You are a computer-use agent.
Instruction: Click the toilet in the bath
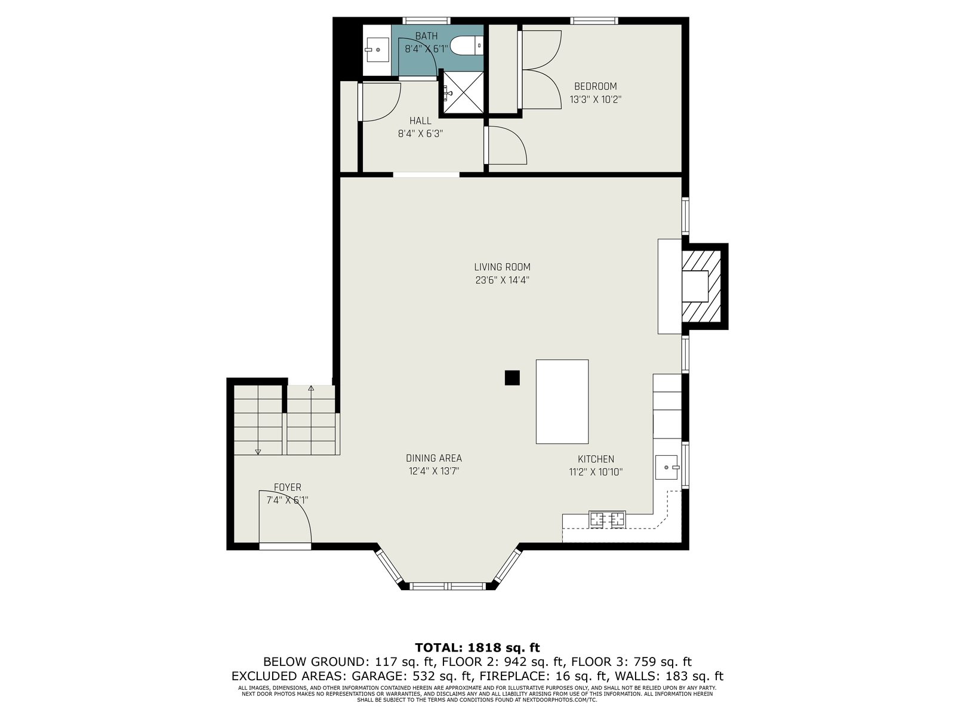tap(466, 45)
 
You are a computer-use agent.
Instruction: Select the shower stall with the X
tap(463, 92)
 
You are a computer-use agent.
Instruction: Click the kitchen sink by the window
tap(667, 467)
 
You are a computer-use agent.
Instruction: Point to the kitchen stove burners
tap(607, 519)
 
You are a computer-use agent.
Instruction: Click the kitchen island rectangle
tap(562, 401)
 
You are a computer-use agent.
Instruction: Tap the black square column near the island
tap(512, 377)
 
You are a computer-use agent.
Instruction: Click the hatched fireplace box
tap(701, 286)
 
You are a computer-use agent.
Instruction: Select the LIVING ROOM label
tap(502, 267)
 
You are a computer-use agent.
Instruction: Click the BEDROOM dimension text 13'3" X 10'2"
tap(595, 100)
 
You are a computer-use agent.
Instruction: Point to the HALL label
tap(420, 121)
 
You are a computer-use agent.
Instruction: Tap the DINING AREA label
tap(434, 458)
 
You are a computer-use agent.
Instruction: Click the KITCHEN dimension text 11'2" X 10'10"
tap(596, 472)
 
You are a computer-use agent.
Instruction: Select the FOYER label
tap(287, 487)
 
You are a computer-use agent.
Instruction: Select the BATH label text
tap(426, 36)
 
